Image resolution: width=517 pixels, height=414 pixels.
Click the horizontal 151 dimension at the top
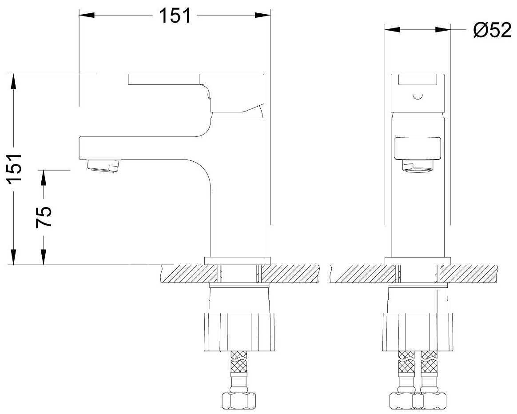click(x=175, y=16)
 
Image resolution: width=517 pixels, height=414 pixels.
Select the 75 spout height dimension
click(x=43, y=217)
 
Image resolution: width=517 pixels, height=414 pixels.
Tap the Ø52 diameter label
click(x=492, y=30)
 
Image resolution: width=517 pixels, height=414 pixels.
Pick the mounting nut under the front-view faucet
click(x=418, y=331)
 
